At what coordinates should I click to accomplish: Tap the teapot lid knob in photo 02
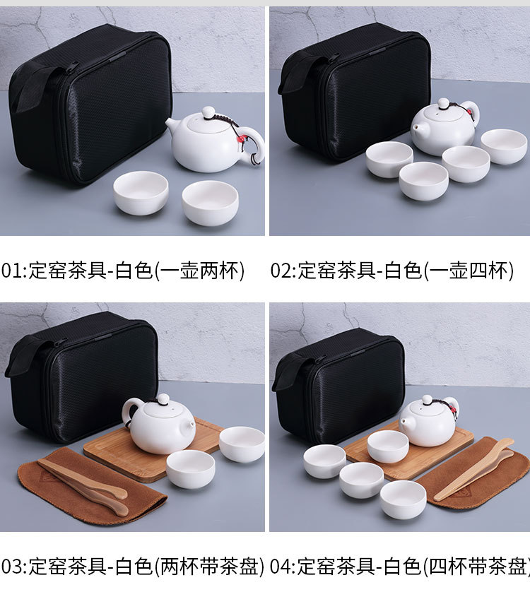pyautogui.click(x=442, y=103)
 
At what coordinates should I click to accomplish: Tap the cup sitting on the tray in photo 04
pyautogui.click(x=388, y=446)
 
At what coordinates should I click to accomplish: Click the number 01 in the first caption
pyautogui.click(x=12, y=271)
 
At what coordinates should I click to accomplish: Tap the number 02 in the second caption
pyautogui.click(x=281, y=271)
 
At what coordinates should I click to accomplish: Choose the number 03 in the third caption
pyautogui.click(x=12, y=567)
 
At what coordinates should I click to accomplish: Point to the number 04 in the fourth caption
pyautogui.click(x=281, y=567)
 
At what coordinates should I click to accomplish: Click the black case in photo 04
pyautogui.click(x=339, y=385)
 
